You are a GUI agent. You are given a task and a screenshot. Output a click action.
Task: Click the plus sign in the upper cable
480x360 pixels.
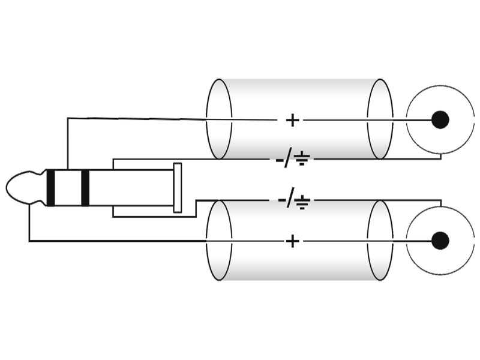coord(292,120)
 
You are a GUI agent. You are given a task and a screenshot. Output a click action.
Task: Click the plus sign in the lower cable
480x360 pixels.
coord(292,241)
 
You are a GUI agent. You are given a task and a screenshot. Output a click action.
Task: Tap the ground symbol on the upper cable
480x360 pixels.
coord(302,158)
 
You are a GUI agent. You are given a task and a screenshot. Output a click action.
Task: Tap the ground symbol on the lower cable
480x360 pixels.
coord(302,202)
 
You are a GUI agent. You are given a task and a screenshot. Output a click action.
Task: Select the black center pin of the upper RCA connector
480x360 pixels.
coord(440,119)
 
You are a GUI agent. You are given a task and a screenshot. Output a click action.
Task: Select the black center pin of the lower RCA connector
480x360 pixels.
coord(440,241)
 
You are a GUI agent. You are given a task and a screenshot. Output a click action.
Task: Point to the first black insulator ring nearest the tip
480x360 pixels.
coord(51,187)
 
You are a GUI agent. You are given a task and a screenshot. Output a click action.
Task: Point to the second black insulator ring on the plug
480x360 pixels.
coord(85,187)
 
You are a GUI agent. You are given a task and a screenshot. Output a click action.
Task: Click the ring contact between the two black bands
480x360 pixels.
coord(68,187)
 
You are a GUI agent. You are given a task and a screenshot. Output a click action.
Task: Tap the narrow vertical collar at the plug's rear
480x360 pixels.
coord(178,188)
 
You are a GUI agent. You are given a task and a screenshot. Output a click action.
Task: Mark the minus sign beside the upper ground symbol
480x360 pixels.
coord(280,160)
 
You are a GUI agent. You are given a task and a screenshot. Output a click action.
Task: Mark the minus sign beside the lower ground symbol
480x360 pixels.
coord(281,200)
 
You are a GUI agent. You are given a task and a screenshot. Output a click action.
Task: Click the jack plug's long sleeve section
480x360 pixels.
coord(131,188)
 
